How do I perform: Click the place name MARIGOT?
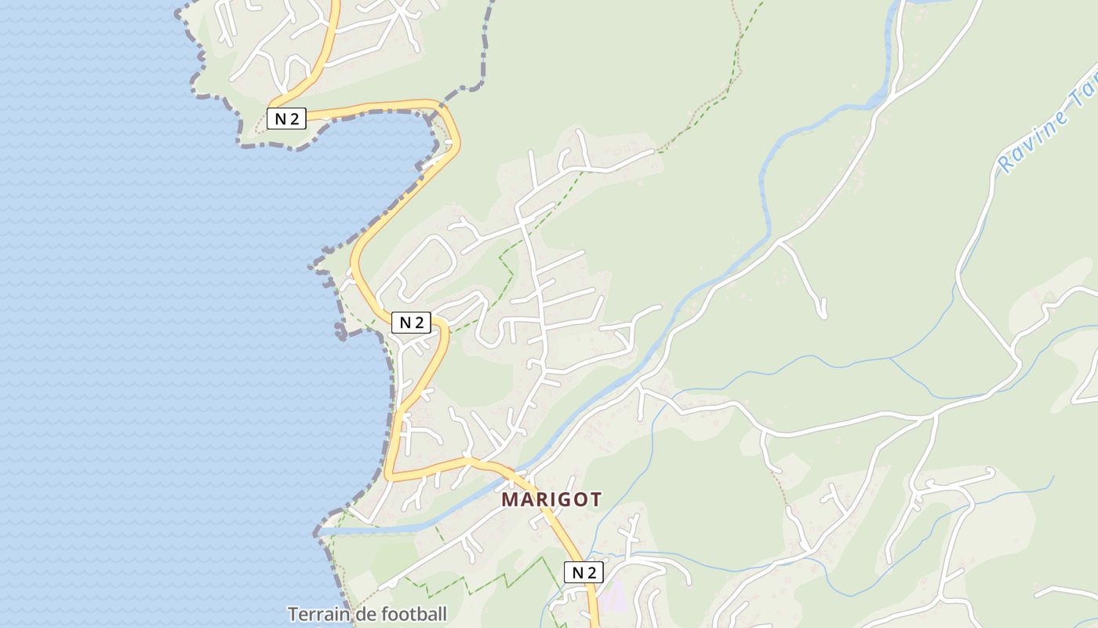click(551, 499)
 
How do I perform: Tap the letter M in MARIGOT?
click(510, 499)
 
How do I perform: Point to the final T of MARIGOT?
click(596, 499)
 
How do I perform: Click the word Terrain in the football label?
click(318, 614)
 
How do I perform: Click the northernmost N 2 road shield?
click(285, 119)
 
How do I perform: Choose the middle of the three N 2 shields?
click(411, 322)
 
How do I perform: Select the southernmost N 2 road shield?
click(584, 572)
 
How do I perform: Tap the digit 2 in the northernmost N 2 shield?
click(293, 119)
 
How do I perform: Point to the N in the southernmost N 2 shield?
click(577, 572)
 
